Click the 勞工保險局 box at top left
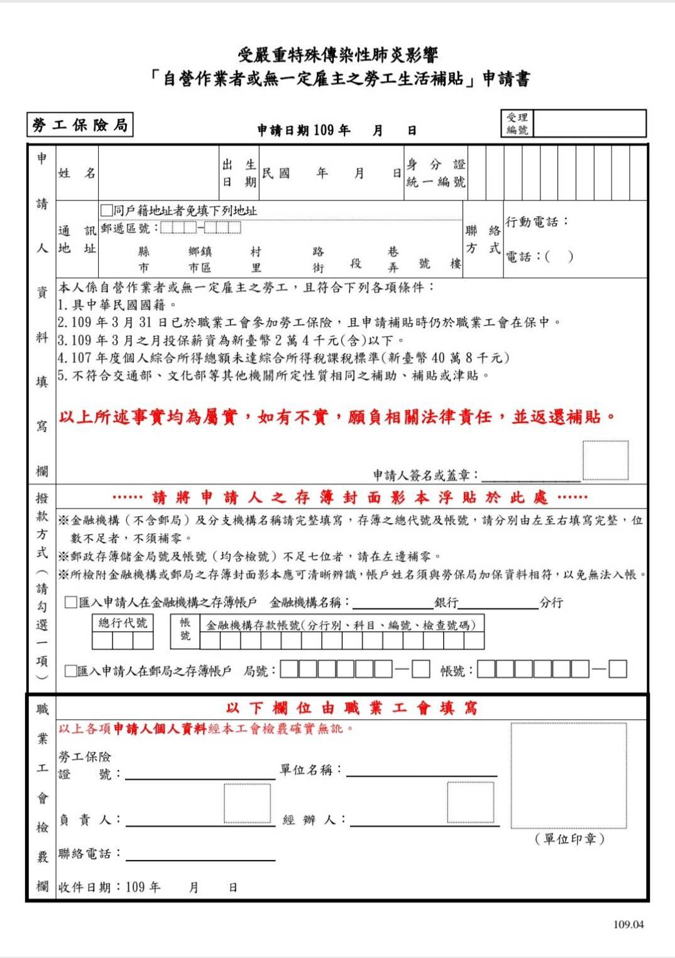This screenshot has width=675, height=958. point(80,125)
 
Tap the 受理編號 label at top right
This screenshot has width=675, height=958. point(517,124)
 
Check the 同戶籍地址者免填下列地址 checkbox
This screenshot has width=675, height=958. point(106,210)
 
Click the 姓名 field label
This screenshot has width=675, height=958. point(77,173)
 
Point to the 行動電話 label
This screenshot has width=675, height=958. point(536,222)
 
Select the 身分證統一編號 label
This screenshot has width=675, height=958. point(436,173)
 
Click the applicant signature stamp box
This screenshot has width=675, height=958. point(605,461)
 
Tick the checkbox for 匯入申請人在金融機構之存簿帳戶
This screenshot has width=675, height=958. point(71,603)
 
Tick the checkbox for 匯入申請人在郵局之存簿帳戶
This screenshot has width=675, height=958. point(70,671)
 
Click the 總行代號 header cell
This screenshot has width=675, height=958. point(123,623)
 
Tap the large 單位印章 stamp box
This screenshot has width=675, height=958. point(568,775)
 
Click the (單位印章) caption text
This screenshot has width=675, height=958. point(569,839)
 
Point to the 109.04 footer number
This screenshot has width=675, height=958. point(628,924)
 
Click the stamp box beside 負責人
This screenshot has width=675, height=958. point(247,803)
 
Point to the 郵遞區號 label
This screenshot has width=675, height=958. point(126,228)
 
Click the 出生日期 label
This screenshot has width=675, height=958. point(239,173)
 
